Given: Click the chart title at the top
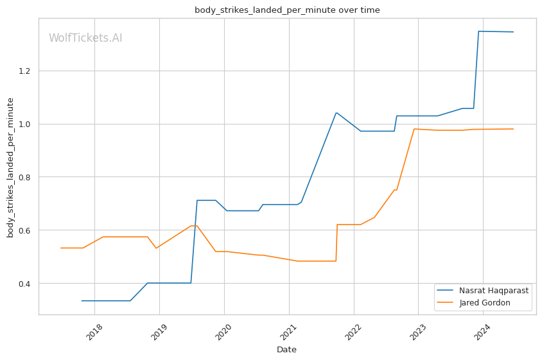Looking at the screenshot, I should pyautogui.click(x=287, y=10).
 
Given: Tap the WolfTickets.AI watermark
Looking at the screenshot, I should pyautogui.click(x=85, y=39).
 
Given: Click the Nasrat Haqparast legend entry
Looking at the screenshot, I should pyautogui.click(x=493, y=291).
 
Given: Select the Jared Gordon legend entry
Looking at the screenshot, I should pyautogui.click(x=485, y=303).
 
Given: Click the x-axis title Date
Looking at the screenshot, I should pyautogui.click(x=286, y=350).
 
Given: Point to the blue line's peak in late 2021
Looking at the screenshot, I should pyautogui.click(x=336, y=113).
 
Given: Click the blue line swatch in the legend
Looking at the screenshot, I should pyautogui.click(x=447, y=291).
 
